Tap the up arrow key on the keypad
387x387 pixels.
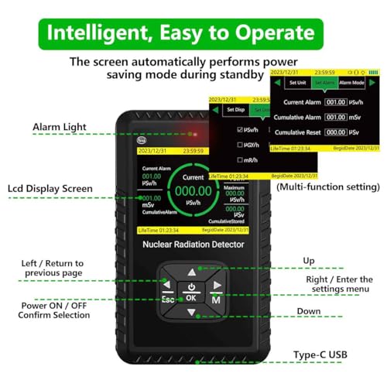pos(192,272)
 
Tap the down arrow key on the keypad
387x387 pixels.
pos(192,313)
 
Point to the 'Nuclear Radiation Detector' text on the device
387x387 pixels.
pos(192,245)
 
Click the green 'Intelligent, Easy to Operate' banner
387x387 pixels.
pos(193,33)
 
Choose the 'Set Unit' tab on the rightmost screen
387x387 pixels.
pos(297,82)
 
